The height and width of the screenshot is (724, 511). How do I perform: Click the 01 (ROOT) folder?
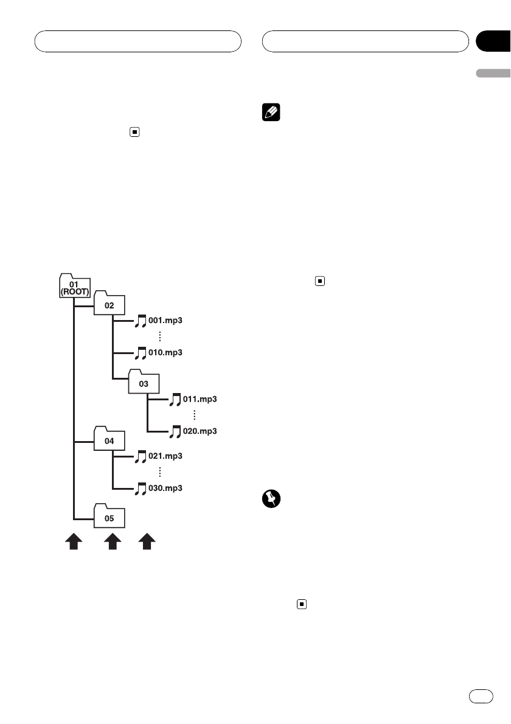pyautogui.click(x=74, y=286)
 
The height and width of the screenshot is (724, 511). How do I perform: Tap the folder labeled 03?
pyautogui.click(x=144, y=383)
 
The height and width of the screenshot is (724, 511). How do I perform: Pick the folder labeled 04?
pyautogui.click(x=109, y=440)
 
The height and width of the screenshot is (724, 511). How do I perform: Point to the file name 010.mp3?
pyautogui.click(x=165, y=352)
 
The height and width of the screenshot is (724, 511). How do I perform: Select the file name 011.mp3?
pyautogui.click(x=200, y=400)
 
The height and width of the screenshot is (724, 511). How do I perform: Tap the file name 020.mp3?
pyautogui.click(x=200, y=431)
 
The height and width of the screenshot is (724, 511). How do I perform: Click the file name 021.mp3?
pyautogui.click(x=165, y=456)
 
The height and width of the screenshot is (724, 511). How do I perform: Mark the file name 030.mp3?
pyautogui.click(x=165, y=488)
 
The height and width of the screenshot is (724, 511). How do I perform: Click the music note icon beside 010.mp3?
pyautogui.click(x=141, y=353)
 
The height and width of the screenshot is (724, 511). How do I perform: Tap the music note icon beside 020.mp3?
pyautogui.click(x=175, y=431)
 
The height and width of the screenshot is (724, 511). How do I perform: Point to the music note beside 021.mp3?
pyautogui.click(x=141, y=456)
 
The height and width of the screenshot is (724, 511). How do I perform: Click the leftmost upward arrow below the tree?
pyautogui.click(x=74, y=541)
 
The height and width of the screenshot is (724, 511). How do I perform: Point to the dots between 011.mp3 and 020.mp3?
pyautogui.click(x=194, y=415)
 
